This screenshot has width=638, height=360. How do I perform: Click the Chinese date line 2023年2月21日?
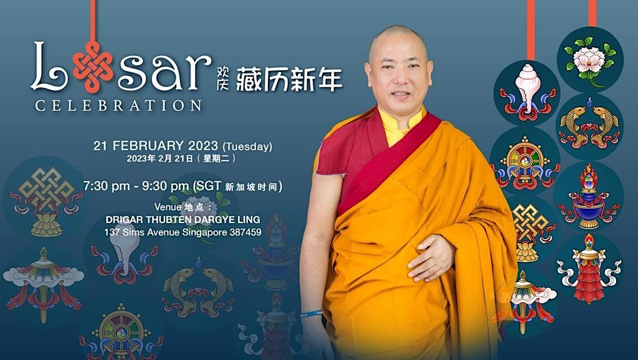(166, 159)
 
